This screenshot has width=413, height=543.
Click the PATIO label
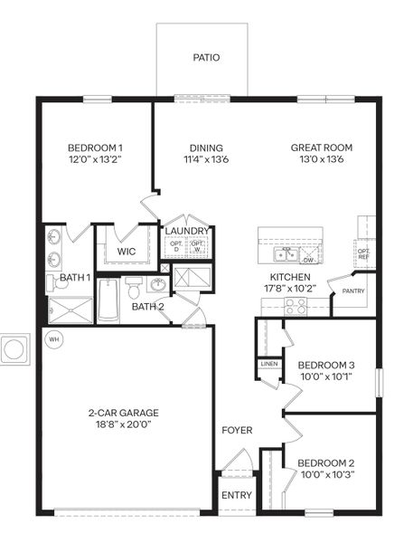click(206, 58)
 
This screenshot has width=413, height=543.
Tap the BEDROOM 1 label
click(95, 148)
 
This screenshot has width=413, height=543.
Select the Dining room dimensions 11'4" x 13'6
click(206, 159)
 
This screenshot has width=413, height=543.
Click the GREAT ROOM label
click(321, 148)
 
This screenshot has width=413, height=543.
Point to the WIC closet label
click(127, 251)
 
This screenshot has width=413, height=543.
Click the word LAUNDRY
click(188, 231)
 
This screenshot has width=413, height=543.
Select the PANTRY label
click(352, 291)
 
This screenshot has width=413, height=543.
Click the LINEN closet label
click(269, 364)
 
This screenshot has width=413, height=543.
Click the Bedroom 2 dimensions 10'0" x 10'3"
click(326, 474)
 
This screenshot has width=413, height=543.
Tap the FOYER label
click(237, 430)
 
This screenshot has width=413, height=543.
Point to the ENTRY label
click(237, 494)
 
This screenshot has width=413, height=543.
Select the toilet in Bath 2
click(134, 289)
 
